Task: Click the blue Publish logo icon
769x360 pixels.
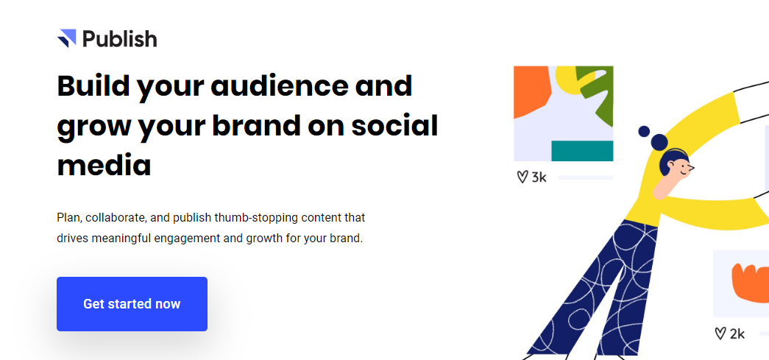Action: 67,38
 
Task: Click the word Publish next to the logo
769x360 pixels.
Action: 120,39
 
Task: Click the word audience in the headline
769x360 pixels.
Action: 277,86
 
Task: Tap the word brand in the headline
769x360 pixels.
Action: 255,126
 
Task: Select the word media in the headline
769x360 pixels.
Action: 104,166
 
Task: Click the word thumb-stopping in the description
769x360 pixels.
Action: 253,217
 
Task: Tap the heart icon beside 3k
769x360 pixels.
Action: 522,177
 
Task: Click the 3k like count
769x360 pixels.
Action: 539,177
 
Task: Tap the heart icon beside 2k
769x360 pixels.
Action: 720,334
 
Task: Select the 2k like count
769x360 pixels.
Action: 737,334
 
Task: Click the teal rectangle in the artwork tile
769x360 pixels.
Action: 582,151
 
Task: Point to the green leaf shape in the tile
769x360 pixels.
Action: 596,91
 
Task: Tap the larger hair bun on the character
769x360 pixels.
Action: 659,143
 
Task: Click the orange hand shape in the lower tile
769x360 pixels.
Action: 751,283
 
